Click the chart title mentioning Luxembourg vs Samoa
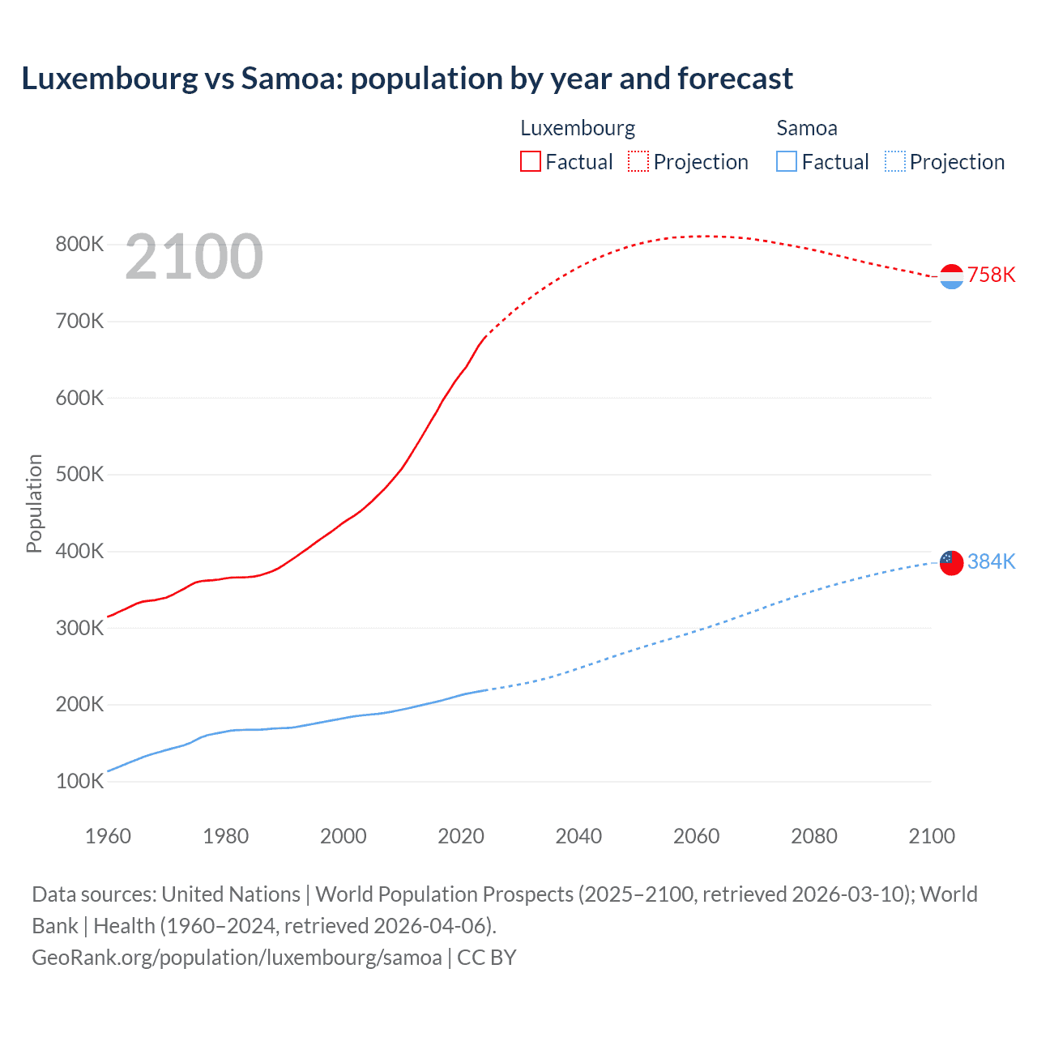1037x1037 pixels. pyautogui.click(x=407, y=79)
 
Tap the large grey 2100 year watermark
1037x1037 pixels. pyautogui.click(x=194, y=257)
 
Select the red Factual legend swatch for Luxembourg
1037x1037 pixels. pyautogui.click(x=530, y=161)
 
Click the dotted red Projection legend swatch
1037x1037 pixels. pyautogui.click(x=638, y=161)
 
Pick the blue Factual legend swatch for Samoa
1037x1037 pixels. pyautogui.click(x=786, y=161)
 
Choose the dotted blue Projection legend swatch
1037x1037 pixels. pyautogui.click(x=894, y=161)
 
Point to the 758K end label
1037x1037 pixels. pyautogui.click(x=991, y=275)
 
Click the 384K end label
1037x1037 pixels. pyautogui.click(x=991, y=561)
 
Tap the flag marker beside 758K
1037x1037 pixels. pyautogui.click(x=951, y=276)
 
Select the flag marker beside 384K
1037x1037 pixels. pyautogui.click(x=951, y=562)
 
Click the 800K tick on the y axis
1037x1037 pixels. pyautogui.click(x=79, y=244)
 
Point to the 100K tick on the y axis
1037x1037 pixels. pyautogui.click(x=79, y=782)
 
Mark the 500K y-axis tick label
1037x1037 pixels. pyautogui.click(x=79, y=474)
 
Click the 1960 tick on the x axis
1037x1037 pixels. pyautogui.click(x=108, y=836)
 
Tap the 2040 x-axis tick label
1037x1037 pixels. pyautogui.click(x=578, y=836)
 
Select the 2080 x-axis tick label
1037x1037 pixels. pyautogui.click(x=814, y=836)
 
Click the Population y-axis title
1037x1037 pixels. pyautogui.click(x=34, y=503)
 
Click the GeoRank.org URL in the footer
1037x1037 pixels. pyautogui.click(x=237, y=958)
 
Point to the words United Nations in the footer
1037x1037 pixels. pyautogui.click(x=231, y=894)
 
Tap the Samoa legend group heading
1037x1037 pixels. pyautogui.click(x=806, y=128)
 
